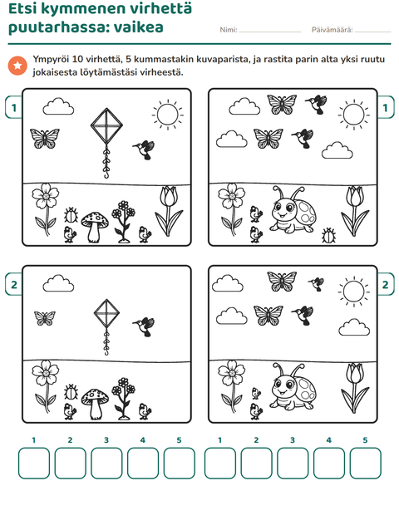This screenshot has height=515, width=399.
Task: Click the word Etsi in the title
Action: coord(23,8)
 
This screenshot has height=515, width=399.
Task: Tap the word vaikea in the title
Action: coord(138,27)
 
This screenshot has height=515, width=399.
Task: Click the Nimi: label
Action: coord(229,30)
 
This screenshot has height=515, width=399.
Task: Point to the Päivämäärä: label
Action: coord(332,30)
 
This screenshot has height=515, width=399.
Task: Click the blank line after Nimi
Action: coord(270,32)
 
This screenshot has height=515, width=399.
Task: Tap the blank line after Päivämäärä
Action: coord(372,32)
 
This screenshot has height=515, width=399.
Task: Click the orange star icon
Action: coord(17,66)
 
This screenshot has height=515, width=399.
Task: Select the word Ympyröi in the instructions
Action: coord(50,60)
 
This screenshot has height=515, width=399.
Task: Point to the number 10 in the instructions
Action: coord(77,60)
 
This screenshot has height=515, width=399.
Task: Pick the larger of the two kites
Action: coord(106,143)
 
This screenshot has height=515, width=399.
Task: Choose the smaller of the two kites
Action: coord(106,326)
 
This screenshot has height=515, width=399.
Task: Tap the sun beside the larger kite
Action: coord(168,115)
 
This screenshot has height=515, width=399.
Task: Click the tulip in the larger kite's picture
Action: coord(169,211)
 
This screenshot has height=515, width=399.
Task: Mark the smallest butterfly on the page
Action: coord(45,318)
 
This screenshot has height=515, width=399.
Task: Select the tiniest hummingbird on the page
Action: coord(316,284)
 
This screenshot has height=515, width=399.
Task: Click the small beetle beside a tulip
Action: coord(328,236)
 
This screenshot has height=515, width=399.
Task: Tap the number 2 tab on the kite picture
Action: coord(14,284)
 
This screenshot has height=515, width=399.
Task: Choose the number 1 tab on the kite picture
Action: coord(14,107)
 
